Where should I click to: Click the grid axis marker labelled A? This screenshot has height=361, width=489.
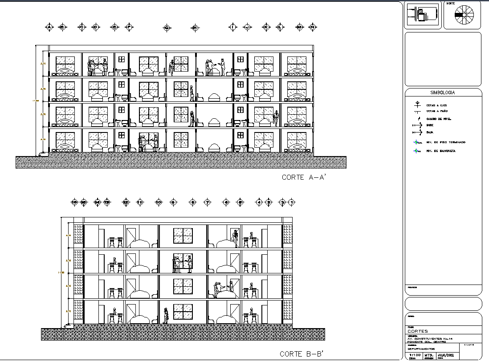pyautogui.click(x=49, y=28)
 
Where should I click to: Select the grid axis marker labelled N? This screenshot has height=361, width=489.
pyautogui.click(x=313, y=28)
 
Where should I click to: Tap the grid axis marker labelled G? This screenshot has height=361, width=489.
pyautogui.click(x=167, y=28)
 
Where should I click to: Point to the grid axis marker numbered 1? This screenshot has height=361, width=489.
pyautogui.click(x=292, y=203)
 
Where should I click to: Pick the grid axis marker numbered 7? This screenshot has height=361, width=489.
pyautogui.click(x=207, y=203)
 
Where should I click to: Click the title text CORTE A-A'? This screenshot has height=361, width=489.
pyautogui.click(x=304, y=177)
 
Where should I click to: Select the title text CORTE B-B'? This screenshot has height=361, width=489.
pyautogui.click(x=301, y=354)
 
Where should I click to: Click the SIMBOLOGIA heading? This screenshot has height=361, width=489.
pyautogui.click(x=442, y=92)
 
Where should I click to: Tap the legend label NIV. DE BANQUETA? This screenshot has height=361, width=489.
pyautogui.click(x=441, y=151)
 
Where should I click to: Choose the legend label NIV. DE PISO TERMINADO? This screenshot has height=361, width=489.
pyautogui.click(x=446, y=142)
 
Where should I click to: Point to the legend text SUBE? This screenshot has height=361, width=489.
pyautogui.click(x=430, y=125)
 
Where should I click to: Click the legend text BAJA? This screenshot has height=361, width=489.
pyautogui.click(x=430, y=132)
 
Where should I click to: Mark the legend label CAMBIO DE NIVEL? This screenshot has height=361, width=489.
pyautogui.click(x=439, y=119)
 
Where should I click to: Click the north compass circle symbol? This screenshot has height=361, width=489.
pyautogui.click(x=465, y=15)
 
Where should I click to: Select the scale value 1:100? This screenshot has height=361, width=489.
pyautogui.click(x=415, y=355)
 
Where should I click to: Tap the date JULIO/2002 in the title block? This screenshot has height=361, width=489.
pyautogui.click(x=446, y=355)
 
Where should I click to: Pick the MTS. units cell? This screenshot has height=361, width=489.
pyautogui.click(x=429, y=355)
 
